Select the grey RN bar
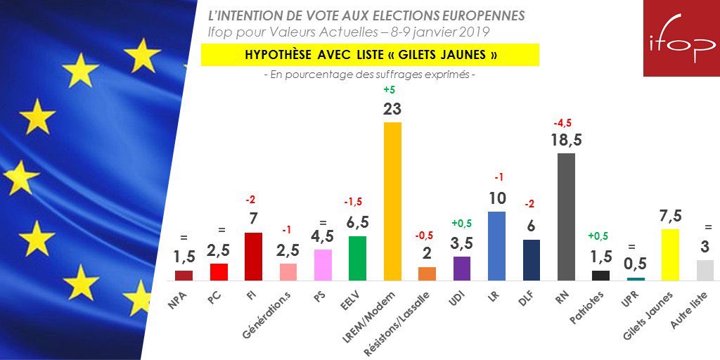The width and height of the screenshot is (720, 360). (566, 216)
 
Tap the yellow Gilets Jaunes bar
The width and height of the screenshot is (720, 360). (670, 254)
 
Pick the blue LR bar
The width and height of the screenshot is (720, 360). (496, 245)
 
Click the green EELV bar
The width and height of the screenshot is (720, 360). (357, 257)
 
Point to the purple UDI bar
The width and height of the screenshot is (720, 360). (461, 268)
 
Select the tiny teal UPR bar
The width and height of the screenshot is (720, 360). (636, 278)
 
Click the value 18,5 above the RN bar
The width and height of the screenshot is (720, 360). (566, 139)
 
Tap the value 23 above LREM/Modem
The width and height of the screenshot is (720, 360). (392, 109)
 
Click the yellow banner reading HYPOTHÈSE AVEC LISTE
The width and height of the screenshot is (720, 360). (370, 55)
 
